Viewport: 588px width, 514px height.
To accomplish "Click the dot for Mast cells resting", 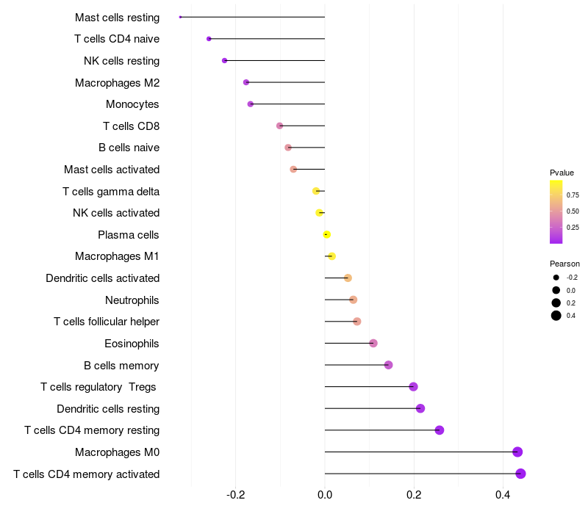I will point(180,17).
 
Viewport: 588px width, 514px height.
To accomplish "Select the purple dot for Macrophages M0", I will point(517,452).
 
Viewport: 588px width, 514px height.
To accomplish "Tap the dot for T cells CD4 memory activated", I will point(520,474).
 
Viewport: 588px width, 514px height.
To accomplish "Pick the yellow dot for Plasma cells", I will point(326,235).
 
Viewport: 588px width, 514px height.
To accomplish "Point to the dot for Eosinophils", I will point(373,344).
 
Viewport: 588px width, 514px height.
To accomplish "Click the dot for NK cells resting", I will point(224,60).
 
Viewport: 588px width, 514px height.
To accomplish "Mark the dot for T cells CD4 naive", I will point(209,39).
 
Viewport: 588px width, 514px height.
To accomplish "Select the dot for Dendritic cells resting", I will point(420,409).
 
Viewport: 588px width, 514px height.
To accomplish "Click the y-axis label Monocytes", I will point(132,104).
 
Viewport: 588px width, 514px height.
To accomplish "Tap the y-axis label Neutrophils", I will point(132,300).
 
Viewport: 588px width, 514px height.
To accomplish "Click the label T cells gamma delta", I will point(111,192).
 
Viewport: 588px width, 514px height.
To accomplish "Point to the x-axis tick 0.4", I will point(503,496).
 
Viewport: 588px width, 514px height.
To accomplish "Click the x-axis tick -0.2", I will point(235,496).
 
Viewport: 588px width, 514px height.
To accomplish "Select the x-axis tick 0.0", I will point(325,496).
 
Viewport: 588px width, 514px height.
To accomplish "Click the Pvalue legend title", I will point(562,173).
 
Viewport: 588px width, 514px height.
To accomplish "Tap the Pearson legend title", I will point(564,264).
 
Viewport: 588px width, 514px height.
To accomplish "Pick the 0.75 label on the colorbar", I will point(573,195).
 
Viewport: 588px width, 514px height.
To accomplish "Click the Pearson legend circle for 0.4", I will point(556,316).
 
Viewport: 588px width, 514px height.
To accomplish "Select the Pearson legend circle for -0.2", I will point(556,278).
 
